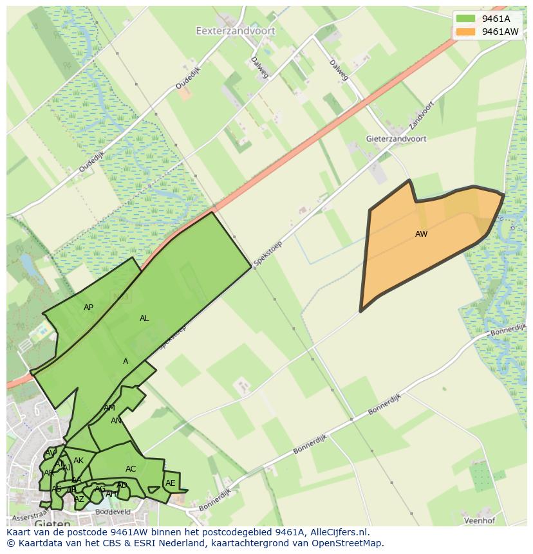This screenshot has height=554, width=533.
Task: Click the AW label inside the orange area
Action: pyautogui.click(x=421, y=234)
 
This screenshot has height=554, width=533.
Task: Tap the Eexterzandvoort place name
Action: pyautogui.click(x=236, y=30)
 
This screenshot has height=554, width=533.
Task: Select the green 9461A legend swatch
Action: pyautogui.click(x=465, y=19)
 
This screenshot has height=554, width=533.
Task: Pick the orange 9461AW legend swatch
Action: pyautogui.click(x=465, y=31)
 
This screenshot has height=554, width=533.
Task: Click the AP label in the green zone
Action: pyautogui.click(x=88, y=308)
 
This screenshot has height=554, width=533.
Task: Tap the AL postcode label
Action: pyautogui.click(x=144, y=319)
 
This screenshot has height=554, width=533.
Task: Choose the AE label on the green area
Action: pyautogui.click(x=170, y=483)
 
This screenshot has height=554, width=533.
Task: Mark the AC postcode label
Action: pyautogui.click(x=131, y=469)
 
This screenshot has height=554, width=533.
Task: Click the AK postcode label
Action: pyautogui.click(x=79, y=461)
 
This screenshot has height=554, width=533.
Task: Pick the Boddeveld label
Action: pyautogui.click(x=113, y=512)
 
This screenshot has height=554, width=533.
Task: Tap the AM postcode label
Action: pyautogui.click(x=109, y=408)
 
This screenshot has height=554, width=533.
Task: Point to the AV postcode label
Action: pyautogui.click(x=50, y=454)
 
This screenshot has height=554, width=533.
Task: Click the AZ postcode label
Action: pyautogui.click(x=79, y=499)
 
